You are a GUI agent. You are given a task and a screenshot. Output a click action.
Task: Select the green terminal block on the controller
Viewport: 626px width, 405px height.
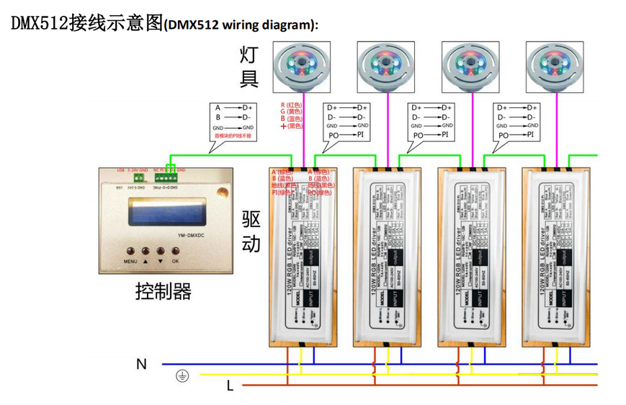click(169, 174)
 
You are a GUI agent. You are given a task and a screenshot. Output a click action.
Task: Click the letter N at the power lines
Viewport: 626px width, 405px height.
click(141, 364)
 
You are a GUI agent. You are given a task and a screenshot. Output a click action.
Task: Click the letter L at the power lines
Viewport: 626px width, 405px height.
click(230, 386)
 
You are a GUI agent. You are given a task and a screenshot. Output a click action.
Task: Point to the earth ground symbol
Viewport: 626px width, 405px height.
click(183, 375)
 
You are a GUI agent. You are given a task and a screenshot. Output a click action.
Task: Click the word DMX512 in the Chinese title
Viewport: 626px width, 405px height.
click(39, 23)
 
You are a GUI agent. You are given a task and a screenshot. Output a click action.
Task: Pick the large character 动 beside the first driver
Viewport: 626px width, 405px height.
click(251, 244)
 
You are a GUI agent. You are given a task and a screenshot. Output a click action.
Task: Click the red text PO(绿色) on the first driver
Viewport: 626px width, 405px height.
click(320, 192)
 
